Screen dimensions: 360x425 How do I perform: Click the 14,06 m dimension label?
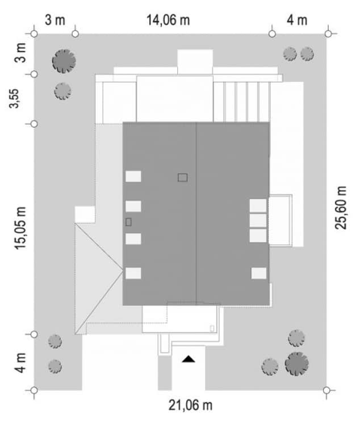tap(168, 20)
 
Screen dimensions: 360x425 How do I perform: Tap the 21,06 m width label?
tap(190, 405)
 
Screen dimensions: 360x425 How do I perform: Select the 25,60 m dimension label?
tap(341, 208)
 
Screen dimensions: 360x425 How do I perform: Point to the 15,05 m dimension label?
tap(20, 228)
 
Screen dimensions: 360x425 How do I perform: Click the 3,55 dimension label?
tap(14, 98)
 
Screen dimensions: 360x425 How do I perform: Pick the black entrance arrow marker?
tap(189, 359)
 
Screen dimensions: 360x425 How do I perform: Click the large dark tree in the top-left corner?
tap(64, 61)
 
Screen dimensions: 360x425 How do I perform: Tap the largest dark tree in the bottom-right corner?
tap(297, 364)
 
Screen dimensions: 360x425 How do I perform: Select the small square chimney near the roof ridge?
tap(183, 178)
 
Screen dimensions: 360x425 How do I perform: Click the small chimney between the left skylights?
tap(128, 222)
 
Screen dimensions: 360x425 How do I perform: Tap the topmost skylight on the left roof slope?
tap(133, 176)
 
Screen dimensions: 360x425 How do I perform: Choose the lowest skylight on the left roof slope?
tap(133, 273)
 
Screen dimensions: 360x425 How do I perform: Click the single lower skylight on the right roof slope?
tap(259, 273)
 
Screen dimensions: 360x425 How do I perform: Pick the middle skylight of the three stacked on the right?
tap(258, 221)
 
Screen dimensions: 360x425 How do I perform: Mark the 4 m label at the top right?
tap(297, 20)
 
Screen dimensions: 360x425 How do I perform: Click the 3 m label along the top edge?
tap(55, 20)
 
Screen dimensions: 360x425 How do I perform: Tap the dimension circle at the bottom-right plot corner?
tap(326, 390)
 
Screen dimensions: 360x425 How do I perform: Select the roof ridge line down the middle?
tap(196, 214)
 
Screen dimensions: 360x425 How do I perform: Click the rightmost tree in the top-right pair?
tap(307, 54)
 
